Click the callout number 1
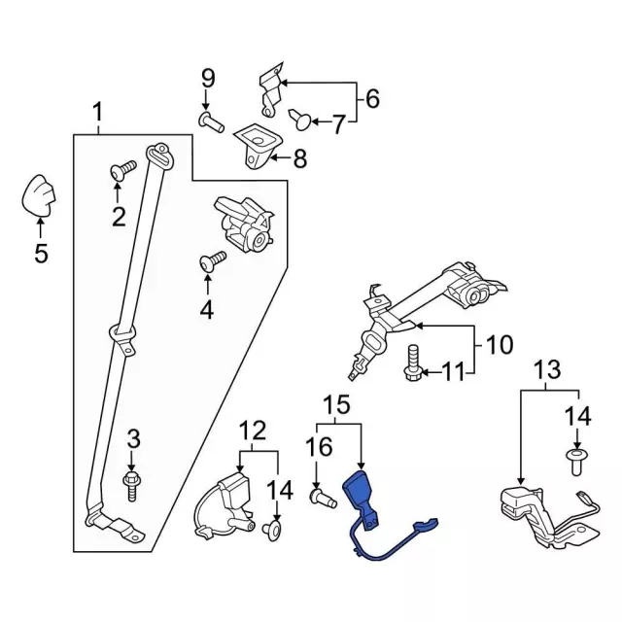97,115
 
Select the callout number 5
40,254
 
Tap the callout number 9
206,77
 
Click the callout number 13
547,369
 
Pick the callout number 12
253,428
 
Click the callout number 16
318,448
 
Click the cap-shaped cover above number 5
39,197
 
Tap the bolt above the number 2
121,171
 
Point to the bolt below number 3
132,482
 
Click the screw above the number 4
212,259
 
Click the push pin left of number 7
299,119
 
